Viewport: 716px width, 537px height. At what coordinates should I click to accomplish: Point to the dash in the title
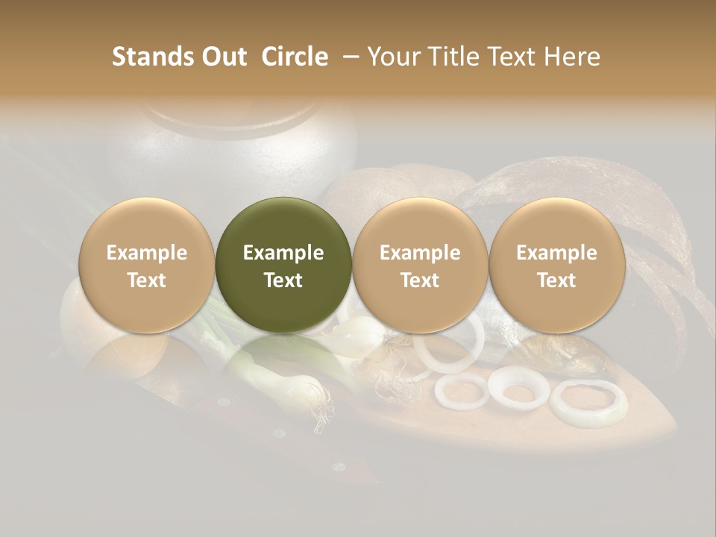[347, 57]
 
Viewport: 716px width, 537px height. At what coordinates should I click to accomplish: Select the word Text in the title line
[512, 57]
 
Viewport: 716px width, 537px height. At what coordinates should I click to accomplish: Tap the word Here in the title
[573, 57]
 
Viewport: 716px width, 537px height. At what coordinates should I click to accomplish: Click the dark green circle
[283, 265]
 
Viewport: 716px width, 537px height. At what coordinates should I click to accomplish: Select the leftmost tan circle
[147, 265]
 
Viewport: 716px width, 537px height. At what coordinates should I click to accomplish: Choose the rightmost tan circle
[556, 265]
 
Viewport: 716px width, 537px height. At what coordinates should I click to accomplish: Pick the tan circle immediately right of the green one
[420, 265]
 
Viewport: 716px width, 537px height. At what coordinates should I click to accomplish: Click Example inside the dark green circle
[283, 253]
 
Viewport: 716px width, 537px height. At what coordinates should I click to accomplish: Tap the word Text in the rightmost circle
[556, 280]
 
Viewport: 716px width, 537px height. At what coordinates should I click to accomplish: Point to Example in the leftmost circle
[147, 253]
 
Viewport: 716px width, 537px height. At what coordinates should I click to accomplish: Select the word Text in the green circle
[283, 280]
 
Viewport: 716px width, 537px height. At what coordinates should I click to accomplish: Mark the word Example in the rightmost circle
[556, 253]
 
